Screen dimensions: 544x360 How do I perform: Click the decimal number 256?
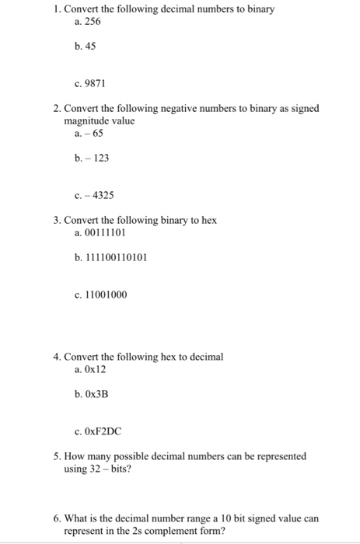coord(93,23)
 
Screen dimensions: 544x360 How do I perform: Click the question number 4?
coord(57,357)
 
